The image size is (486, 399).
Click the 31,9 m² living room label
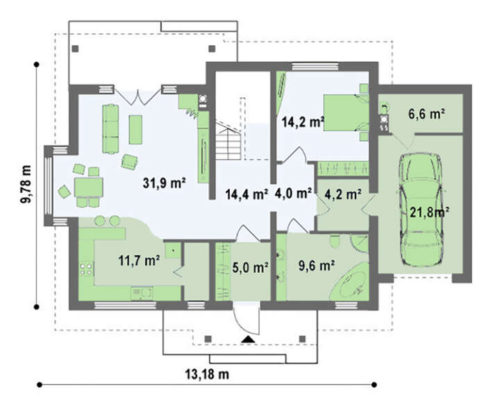[164, 182]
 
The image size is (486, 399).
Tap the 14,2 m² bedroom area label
[303, 121]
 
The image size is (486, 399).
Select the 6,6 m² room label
[426, 114]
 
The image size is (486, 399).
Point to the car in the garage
[421, 209]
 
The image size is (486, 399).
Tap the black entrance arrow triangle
[248, 339]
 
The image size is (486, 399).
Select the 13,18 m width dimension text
[207, 374]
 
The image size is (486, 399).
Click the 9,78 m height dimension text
[26, 184]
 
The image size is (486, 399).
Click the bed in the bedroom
[346, 112]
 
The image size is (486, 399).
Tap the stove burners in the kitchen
[86, 269]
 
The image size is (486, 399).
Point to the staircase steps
[228, 141]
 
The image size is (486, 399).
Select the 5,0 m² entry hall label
[250, 267]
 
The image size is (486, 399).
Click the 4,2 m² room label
[343, 194]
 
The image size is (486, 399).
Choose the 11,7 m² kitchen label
[139, 260]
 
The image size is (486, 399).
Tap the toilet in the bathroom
[335, 241]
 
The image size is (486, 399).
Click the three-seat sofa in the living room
[110, 129]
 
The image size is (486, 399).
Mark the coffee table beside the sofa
[135, 130]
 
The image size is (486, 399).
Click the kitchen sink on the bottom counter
[142, 293]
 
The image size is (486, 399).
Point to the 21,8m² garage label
[430, 212]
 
